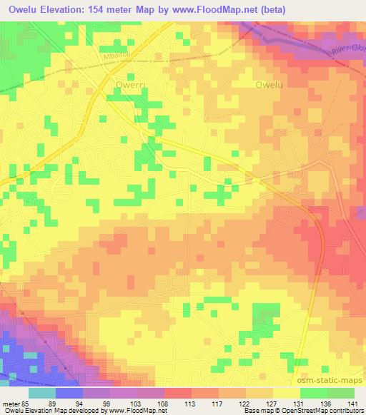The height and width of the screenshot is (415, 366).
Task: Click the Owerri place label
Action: click(129, 83)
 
